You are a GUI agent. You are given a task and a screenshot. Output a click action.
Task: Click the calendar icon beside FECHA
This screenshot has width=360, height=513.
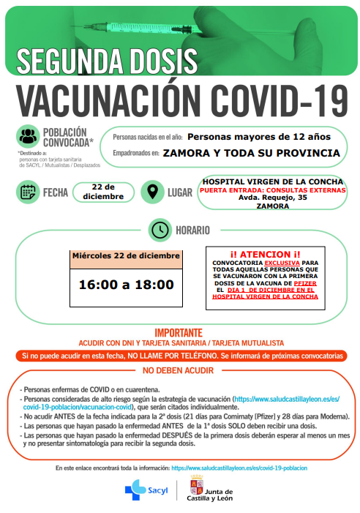click(x=28, y=192)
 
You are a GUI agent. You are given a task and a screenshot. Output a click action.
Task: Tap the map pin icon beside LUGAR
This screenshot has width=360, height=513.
click(x=152, y=192)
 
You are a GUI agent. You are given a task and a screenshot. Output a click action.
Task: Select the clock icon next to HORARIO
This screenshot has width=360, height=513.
click(x=159, y=230)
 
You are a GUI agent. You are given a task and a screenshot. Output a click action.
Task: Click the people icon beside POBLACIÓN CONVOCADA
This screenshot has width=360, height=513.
click(x=29, y=136)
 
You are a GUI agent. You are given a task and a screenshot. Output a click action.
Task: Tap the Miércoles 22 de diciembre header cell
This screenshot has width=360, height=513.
click(x=125, y=255)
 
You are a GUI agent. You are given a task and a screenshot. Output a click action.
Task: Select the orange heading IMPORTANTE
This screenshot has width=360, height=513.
click(x=180, y=333)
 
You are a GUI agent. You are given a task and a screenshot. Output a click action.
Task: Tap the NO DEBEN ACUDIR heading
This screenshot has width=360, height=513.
click(x=179, y=370)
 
